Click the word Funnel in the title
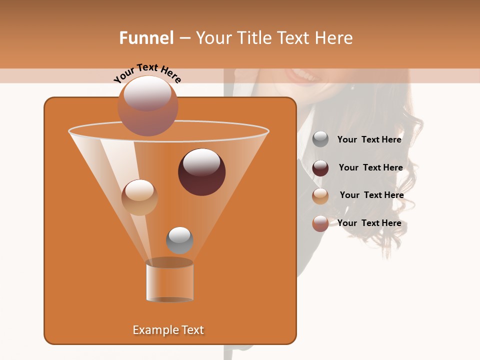(x=146, y=38)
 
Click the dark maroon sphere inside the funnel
(x=201, y=171)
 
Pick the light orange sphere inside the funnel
(x=139, y=197)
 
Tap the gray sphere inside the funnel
(x=179, y=240)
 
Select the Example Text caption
(x=168, y=330)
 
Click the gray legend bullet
(x=320, y=139)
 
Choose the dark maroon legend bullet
(x=320, y=168)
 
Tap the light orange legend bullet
(x=320, y=196)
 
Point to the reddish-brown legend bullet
(x=320, y=223)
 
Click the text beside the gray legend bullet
(x=369, y=139)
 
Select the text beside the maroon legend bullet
(x=370, y=167)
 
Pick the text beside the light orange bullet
(x=371, y=195)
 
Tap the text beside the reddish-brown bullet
(x=369, y=223)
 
